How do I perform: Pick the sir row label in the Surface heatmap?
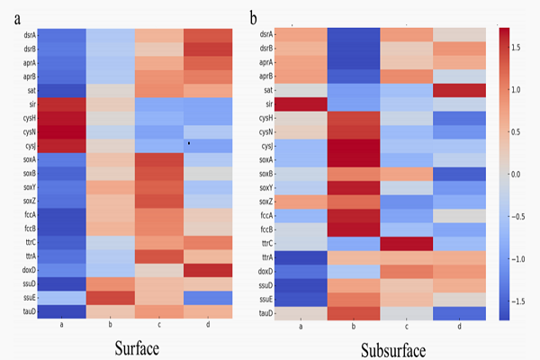30,105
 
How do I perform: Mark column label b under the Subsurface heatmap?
353,326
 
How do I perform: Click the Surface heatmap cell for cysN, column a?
62,132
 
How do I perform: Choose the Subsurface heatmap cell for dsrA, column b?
353,35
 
